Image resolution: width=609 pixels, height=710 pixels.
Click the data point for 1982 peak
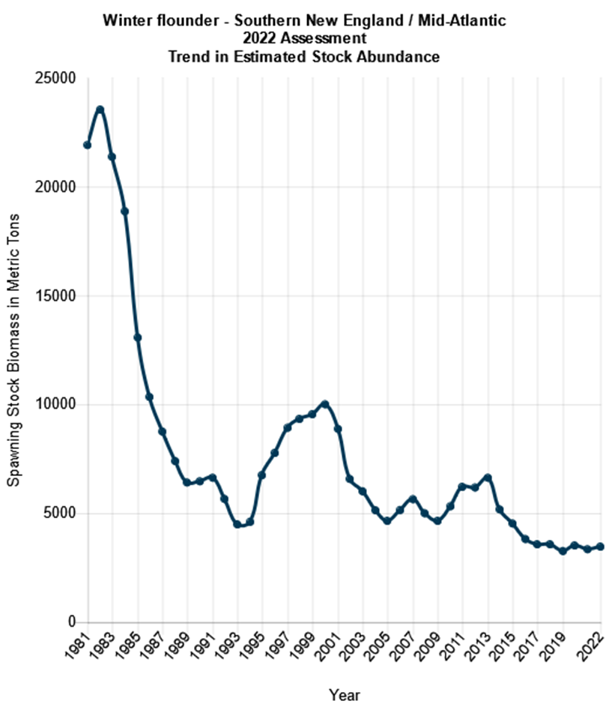100,109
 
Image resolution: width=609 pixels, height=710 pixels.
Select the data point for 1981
87,145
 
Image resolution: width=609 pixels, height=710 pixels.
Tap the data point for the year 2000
325,404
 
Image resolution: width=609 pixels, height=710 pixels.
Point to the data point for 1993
237,525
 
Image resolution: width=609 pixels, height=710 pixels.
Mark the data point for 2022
601,547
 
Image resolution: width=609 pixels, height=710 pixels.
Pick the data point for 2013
488,478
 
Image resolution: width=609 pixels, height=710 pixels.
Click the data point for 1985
137,337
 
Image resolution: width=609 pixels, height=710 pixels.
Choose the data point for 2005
387,521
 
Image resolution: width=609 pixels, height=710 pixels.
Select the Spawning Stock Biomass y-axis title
13,349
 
